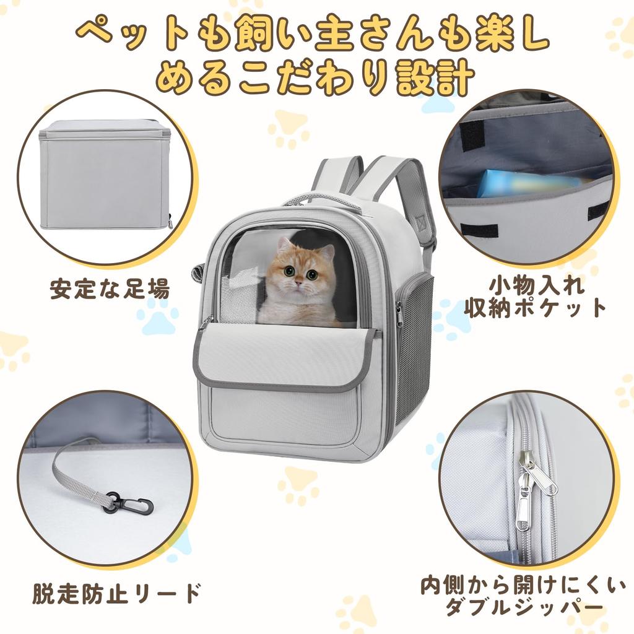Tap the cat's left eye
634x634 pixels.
coord(312,274)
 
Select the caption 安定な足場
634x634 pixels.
coord(110,290)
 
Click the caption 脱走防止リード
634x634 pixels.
coord(116,594)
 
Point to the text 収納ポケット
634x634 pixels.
coord(536,308)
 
